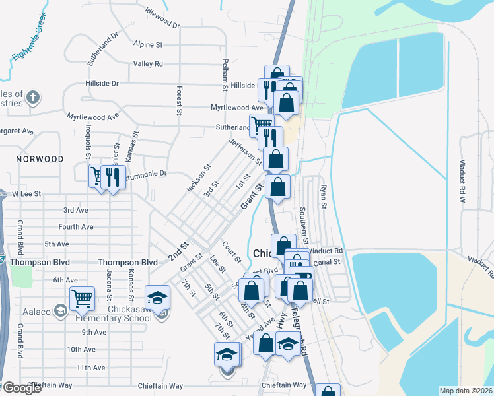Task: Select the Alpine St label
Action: (x=148, y=45)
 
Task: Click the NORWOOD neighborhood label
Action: (x=40, y=159)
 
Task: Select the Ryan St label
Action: (x=323, y=197)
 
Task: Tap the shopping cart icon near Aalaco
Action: (x=82, y=298)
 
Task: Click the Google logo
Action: (x=22, y=388)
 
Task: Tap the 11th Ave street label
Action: (x=91, y=368)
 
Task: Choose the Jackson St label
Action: (x=198, y=179)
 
